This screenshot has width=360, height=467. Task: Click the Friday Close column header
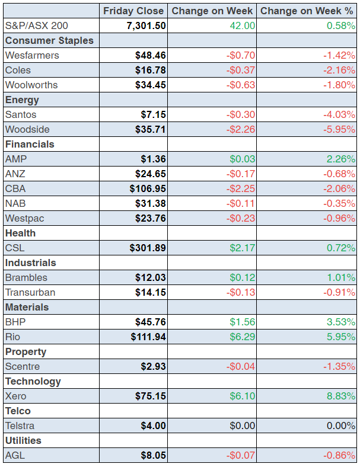(133, 11)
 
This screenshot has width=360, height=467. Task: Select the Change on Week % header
(307, 11)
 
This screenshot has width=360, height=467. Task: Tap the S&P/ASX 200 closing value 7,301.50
(146, 25)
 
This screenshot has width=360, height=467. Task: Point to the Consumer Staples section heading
(49, 40)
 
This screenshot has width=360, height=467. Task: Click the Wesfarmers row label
(32, 55)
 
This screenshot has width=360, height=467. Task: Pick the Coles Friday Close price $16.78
(151, 70)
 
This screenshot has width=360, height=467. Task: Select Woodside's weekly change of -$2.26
(241, 129)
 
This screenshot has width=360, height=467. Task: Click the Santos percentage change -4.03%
(339, 114)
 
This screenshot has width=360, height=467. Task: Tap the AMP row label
(16, 159)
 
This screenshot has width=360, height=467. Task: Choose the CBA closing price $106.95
(148, 188)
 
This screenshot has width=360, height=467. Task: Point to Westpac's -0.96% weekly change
(339, 218)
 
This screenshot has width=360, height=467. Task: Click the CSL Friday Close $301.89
(148, 248)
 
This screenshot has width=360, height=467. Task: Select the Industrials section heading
(30, 263)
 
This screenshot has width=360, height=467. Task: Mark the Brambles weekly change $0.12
(243, 277)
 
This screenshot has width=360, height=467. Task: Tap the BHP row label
(15, 322)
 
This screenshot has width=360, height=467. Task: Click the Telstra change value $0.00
(243, 426)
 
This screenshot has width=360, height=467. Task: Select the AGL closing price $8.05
(153, 455)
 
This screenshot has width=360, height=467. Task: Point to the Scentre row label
(23, 366)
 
